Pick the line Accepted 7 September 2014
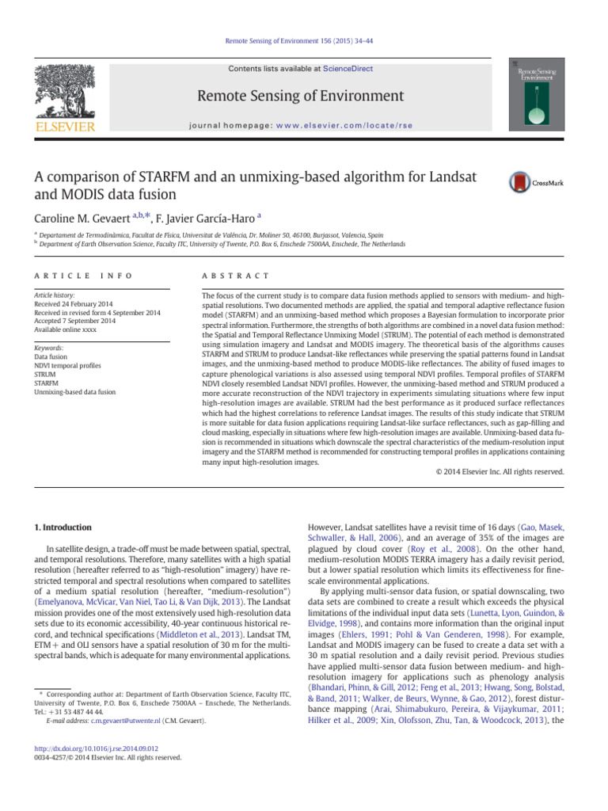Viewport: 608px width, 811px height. (x=75, y=322)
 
